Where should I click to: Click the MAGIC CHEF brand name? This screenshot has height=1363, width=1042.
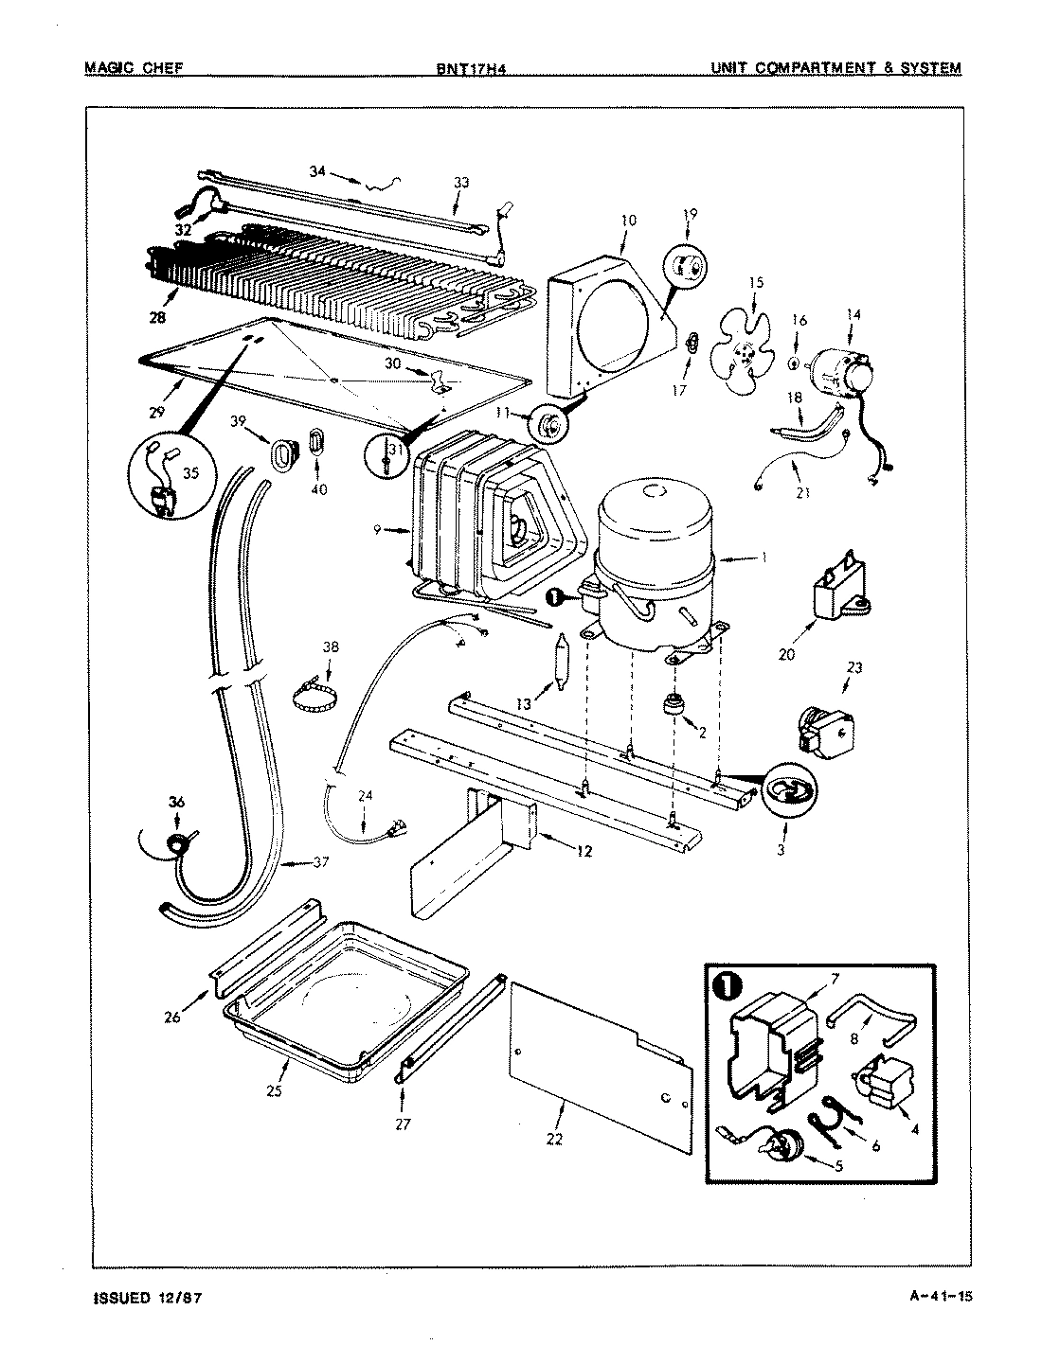pos(133,68)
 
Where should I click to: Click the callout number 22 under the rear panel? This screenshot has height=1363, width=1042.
pos(554,1139)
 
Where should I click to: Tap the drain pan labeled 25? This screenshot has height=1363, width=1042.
pos(346,1003)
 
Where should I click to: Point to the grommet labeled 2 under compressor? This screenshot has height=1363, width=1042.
pos(674,705)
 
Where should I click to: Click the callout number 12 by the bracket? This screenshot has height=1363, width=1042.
pos(584,851)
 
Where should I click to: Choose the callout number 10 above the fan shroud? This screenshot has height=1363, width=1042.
pos(628,221)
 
